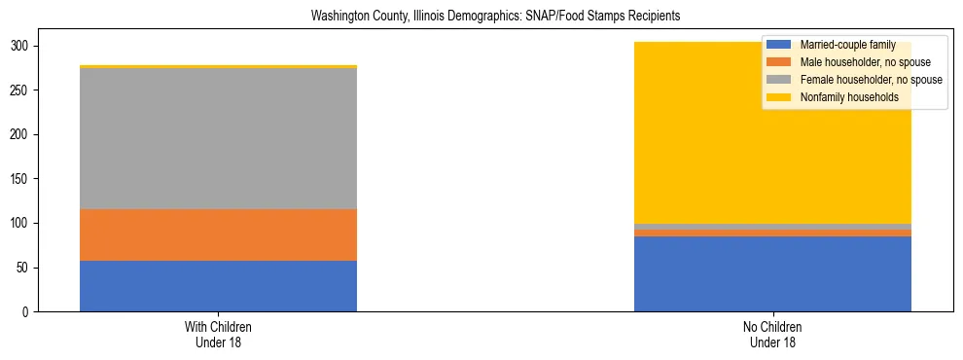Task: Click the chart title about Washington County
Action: coord(495,16)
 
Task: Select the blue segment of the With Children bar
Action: coord(218,286)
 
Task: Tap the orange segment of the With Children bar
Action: coord(218,234)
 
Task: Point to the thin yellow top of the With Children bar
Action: coord(218,66)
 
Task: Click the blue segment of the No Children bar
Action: coord(772,273)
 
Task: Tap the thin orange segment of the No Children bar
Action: coord(772,234)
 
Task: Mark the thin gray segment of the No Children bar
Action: coord(772,227)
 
